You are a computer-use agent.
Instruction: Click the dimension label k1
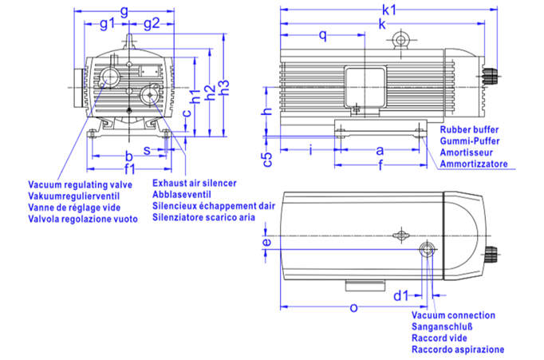coord(389,9)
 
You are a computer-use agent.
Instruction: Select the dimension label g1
coord(106,23)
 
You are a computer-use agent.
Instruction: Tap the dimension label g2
coord(152,23)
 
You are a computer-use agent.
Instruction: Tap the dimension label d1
coord(401,296)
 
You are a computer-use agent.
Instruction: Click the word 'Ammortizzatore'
coord(473,164)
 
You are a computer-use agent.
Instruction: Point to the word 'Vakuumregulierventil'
coord(73,196)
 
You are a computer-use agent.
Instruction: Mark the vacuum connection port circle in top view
coord(428,251)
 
